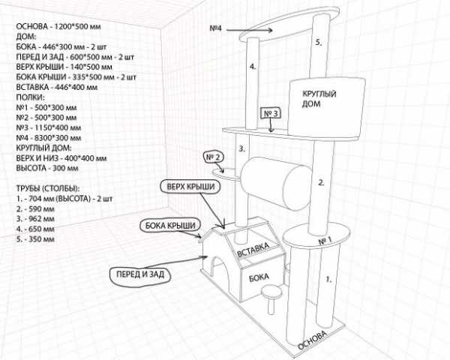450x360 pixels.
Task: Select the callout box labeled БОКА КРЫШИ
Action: (169, 225)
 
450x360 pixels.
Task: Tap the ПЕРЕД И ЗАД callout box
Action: (140, 275)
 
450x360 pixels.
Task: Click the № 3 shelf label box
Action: (271, 114)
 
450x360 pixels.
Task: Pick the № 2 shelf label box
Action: (213, 157)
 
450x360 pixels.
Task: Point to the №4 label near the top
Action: (216, 28)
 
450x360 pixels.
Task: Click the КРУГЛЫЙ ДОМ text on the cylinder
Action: (319, 99)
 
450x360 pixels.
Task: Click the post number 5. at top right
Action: (318, 43)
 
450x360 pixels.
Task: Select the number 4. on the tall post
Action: (253, 67)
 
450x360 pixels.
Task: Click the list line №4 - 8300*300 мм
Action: (53, 138)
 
